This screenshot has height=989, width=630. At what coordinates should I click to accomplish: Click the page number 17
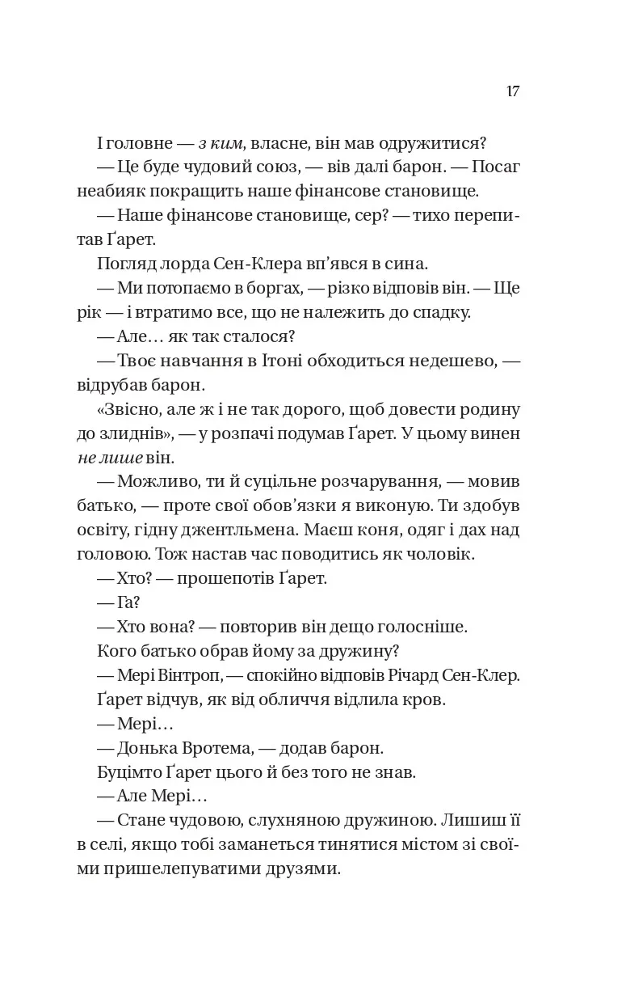tap(513, 91)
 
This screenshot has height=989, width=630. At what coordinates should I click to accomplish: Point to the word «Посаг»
tap(499, 168)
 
